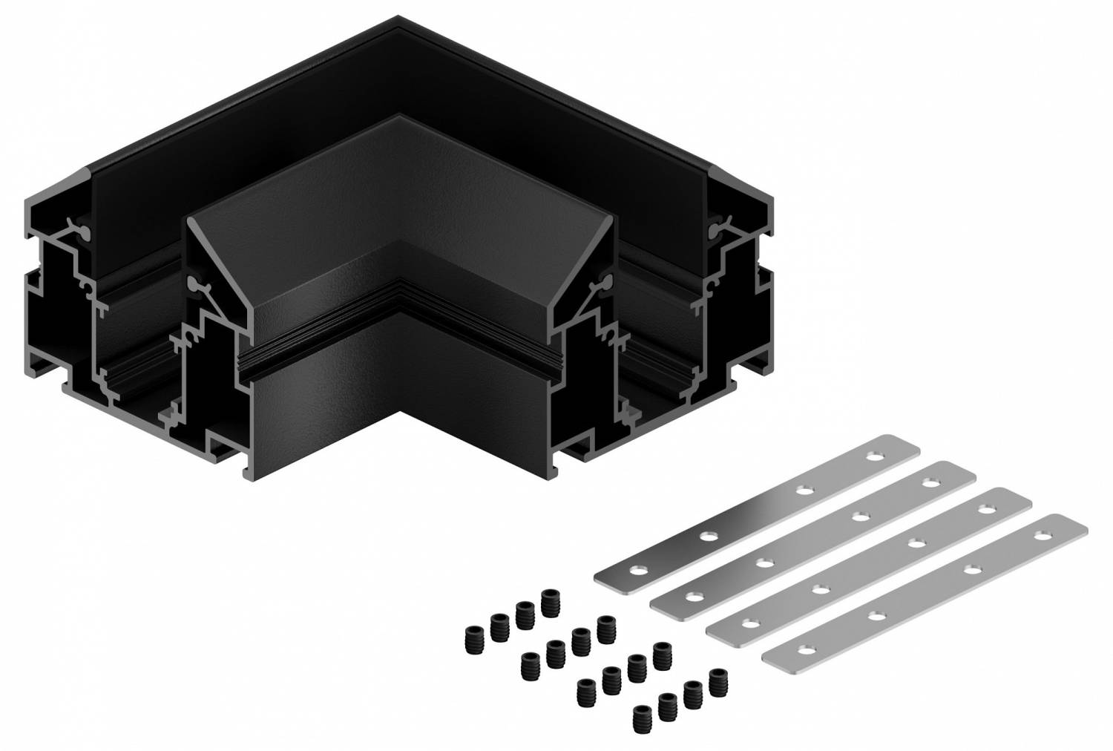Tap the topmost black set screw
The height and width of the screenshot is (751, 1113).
click(551, 599)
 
